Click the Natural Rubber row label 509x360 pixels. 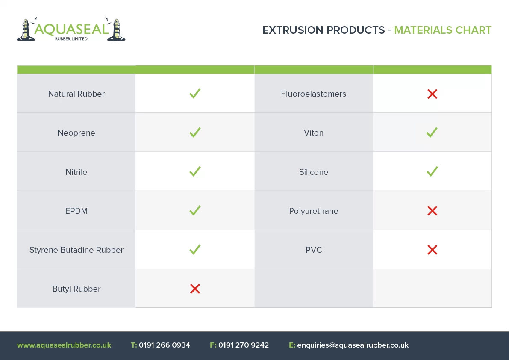pyautogui.click(x=76, y=94)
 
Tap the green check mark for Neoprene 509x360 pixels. pyautogui.click(x=195, y=133)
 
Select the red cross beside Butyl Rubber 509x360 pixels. pyautogui.click(x=195, y=289)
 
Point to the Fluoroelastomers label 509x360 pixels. pyautogui.click(x=314, y=94)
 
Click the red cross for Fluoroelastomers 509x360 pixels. pyautogui.click(x=433, y=94)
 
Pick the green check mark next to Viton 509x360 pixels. pyautogui.click(x=432, y=133)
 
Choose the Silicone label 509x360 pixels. pyautogui.click(x=314, y=172)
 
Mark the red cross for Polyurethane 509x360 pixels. pyautogui.click(x=433, y=211)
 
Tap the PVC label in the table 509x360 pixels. pyautogui.click(x=314, y=250)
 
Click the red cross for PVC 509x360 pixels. pyautogui.click(x=433, y=250)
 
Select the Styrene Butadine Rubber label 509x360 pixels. pyautogui.click(x=76, y=250)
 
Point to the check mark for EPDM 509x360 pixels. pyautogui.click(x=195, y=210)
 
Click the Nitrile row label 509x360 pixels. pyautogui.click(x=76, y=172)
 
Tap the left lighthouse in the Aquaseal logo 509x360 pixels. pyautogui.click(x=25, y=30)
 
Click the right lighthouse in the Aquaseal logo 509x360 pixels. pyautogui.click(x=116, y=30)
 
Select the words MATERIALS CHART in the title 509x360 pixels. pyautogui.click(x=443, y=30)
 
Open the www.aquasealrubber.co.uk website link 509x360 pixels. pyautogui.click(x=64, y=345)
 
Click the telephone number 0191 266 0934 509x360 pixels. pyautogui.click(x=165, y=345)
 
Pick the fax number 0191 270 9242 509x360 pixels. pyautogui.click(x=244, y=345)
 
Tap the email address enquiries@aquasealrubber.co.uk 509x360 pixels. pyautogui.click(x=353, y=345)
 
